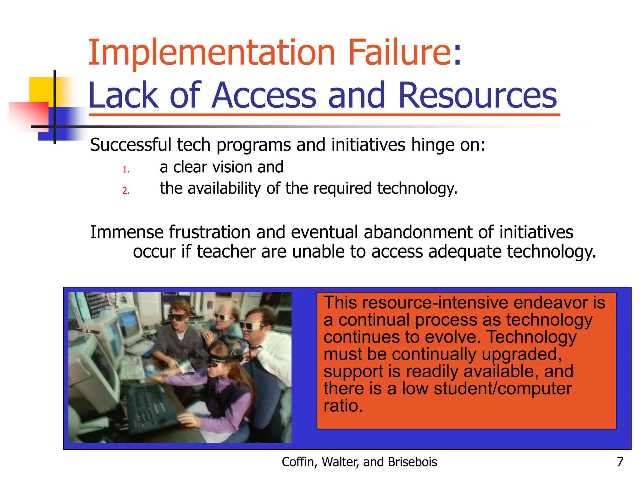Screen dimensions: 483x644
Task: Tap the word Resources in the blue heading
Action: tap(477, 95)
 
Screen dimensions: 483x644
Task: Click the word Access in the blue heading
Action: tap(264, 95)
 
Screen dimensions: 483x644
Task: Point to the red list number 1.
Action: tap(126, 170)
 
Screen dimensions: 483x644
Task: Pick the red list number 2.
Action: tap(126, 191)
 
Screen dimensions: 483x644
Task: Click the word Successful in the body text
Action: tap(130, 145)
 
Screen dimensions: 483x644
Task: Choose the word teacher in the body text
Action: tap(226, 252)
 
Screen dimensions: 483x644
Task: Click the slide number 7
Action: tap(620, 462)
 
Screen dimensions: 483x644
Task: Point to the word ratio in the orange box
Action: tap(343, 406)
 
